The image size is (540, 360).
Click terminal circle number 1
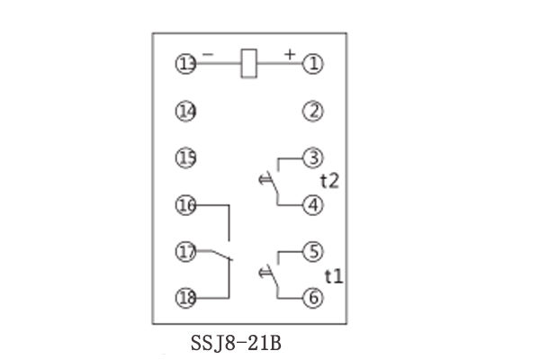(x=312, y=64)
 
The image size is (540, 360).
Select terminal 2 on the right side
(x=312, y=112)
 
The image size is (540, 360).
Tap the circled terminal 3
(x=312, y=158)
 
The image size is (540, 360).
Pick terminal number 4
(x=312, y=205)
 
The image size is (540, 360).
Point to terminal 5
(x=312, y=251)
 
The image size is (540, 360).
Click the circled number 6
(x=312, y=298)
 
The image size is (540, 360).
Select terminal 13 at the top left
(x=186, y=64)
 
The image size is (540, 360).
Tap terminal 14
(x=186, y=112)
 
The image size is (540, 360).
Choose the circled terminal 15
(x=186, y=158)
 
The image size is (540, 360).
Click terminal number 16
(x=186, y=205)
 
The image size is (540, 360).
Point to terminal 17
(x=186, y=251)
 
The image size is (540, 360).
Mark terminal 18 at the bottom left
(x=186, y=298)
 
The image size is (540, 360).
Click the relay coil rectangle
(x=248, y=63)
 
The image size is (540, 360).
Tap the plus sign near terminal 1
(x=290, y=54)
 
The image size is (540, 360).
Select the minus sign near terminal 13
(x=208, y=54)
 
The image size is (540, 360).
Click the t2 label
(x=329, y=181)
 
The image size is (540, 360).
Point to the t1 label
(x=334, y=276)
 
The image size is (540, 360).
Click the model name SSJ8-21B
(x=236, y=343)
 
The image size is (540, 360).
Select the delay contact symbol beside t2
(x=268, y=183)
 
